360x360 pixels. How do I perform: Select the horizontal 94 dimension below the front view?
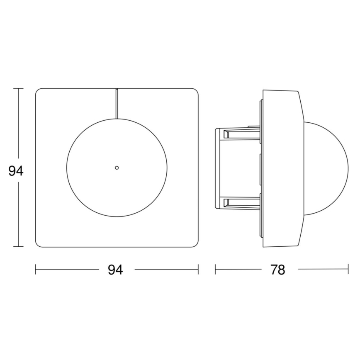[x=115, y=270]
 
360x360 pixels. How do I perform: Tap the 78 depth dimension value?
[x=277, y=270]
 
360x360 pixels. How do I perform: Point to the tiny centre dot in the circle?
[x=117, y=168]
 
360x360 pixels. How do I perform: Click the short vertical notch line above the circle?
[x=117, y=103]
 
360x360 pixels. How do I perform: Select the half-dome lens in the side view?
[x=326, y=168]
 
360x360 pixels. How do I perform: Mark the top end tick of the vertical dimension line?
[x=18, y=88]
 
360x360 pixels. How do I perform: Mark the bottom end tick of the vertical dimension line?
[x=18, y=247]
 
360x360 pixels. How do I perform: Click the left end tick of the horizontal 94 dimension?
[x=36, y=270]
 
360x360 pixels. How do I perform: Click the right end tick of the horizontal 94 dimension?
[x=198, y=270]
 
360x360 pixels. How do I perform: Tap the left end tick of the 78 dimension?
[x=215, y=270]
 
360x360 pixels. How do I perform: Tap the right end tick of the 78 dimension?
[x=348, y=270]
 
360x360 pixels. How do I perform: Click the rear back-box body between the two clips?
[x=238, y=168]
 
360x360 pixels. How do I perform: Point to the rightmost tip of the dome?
[x=348, y=168]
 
